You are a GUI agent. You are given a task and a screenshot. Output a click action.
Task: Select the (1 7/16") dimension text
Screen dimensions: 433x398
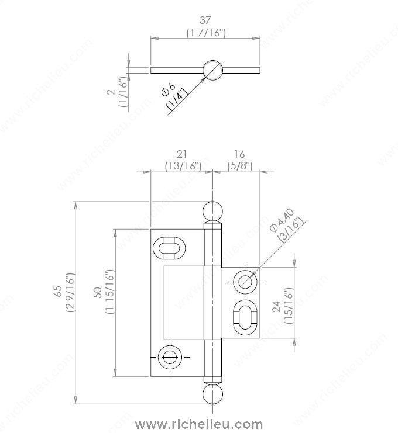coord(205,33)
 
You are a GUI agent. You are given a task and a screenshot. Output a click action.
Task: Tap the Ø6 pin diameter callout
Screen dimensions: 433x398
coord(168,89)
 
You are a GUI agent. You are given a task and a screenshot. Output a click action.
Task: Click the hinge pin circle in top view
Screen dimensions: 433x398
coord(212,70)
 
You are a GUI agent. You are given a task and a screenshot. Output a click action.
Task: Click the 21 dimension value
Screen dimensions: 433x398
coord(182,154)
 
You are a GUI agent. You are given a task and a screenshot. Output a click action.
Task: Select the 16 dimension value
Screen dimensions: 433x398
coord(239,154)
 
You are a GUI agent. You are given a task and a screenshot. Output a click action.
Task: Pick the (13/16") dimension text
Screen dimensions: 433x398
coord(182,166)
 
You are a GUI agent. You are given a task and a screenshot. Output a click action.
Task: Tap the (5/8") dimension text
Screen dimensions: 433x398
coord(239,166)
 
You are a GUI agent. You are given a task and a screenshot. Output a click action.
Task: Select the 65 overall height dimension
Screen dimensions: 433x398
coord(57,292)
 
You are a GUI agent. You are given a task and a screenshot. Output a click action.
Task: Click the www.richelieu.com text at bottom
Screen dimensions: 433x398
coord(199,424)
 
